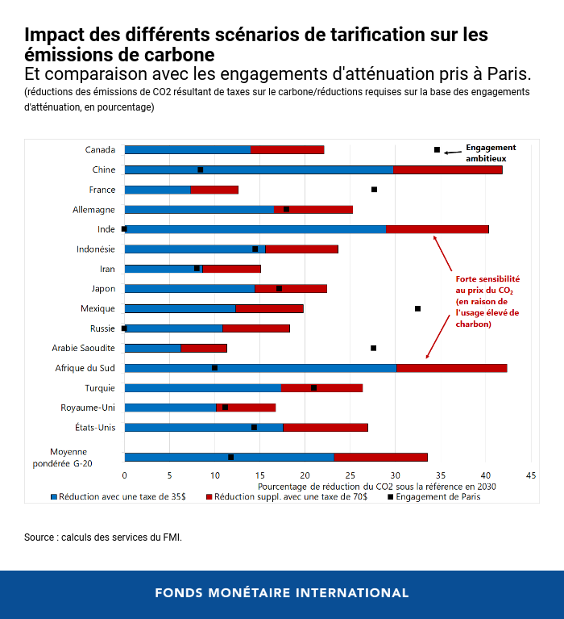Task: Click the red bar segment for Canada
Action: (x=287, y=150)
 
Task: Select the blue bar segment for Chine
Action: (x=258, y=169)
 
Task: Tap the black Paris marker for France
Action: (x=374, y=190)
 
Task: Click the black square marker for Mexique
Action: (x=417, y=308)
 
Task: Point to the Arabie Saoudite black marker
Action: (x=373, y=348)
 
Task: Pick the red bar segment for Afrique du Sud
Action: (x=451, y=368)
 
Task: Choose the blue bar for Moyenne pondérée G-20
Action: (x=229, y=457)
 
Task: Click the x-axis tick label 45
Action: (x=530, y=476)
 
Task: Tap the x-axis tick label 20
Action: (x=305, y=476)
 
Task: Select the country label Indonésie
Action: (x=96, y=249)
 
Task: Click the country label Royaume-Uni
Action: (x=88, y=408)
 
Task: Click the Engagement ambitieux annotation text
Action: (x=490, y=153)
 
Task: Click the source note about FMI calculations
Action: (x=103, y=537)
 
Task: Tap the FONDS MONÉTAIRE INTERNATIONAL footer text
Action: (x=282, y=593)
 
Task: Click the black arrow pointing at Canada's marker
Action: (x=453, y=150)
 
